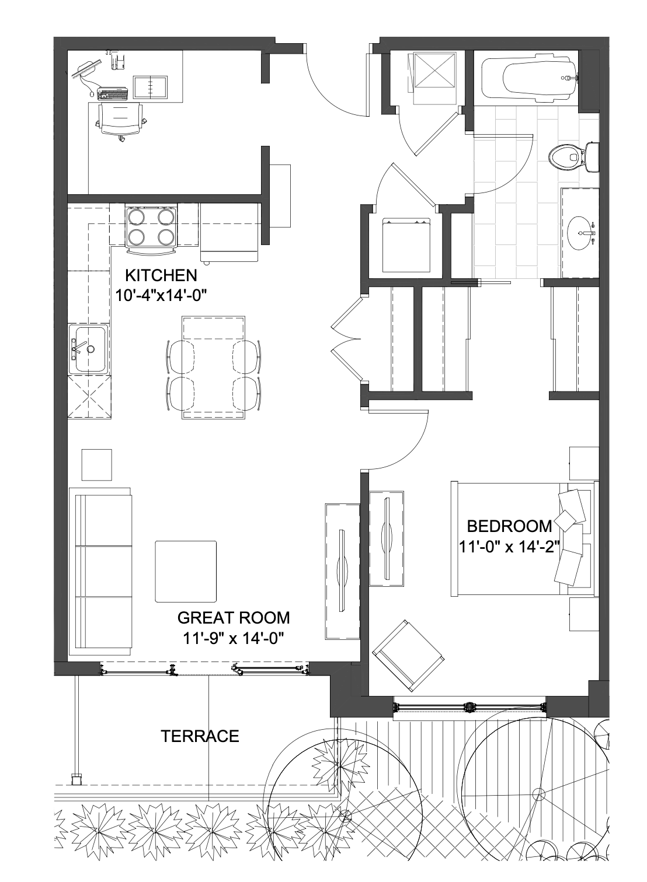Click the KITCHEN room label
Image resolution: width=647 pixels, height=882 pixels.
click(x=161, y=275)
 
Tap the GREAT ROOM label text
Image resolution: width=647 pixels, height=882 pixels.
click(x=234, y=618)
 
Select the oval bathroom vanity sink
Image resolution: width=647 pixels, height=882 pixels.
click(x=582, y=233)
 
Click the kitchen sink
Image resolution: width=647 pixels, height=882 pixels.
click(x=88, y=349)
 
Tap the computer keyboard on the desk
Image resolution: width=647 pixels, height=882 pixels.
click(x=113, y=94)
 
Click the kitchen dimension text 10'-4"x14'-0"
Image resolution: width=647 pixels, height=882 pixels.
click(x=161, y=295)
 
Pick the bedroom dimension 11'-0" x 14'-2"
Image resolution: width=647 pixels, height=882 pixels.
click(x=509, y=546)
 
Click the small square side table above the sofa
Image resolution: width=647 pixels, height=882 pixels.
click(x=96, y=464)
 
